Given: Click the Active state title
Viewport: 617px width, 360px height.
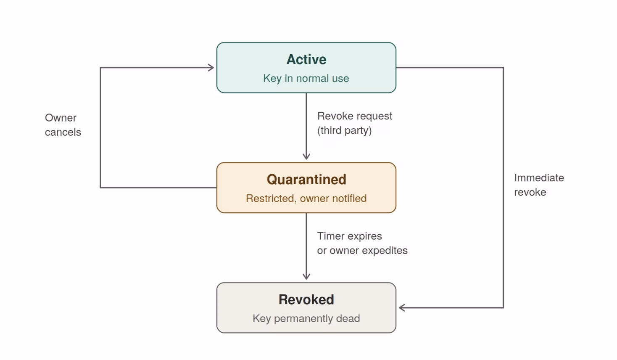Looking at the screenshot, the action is point(306,59).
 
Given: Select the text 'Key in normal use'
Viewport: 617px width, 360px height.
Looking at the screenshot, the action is point(306,78).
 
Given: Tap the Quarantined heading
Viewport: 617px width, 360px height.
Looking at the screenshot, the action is point(306,179).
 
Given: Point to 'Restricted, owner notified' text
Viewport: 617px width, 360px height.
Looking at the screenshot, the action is point(306,199).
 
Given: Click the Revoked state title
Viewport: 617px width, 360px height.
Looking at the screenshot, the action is point(306,299).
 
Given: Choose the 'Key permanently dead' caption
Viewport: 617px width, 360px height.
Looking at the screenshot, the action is point(306,318).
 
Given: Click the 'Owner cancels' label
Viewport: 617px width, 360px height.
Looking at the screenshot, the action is point(63,125).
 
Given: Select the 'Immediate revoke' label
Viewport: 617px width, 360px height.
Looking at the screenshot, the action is point(539,185).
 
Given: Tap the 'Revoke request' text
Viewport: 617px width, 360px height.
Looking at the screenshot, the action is point(354,116).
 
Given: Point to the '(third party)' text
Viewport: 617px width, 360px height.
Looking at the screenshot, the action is point(344,130).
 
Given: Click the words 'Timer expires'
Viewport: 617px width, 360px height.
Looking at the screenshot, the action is point(350,236).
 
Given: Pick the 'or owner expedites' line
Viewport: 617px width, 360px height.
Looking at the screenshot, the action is point(362,251).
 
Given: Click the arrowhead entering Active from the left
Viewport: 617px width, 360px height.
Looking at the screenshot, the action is point(211,68).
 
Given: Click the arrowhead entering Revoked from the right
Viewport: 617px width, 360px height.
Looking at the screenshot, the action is point(401,307).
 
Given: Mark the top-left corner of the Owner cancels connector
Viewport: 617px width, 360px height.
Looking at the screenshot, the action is point(100,68).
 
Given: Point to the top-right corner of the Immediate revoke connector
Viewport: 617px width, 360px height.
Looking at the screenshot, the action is point(503,68).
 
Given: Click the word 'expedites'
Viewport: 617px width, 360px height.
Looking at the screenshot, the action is point(385,251).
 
